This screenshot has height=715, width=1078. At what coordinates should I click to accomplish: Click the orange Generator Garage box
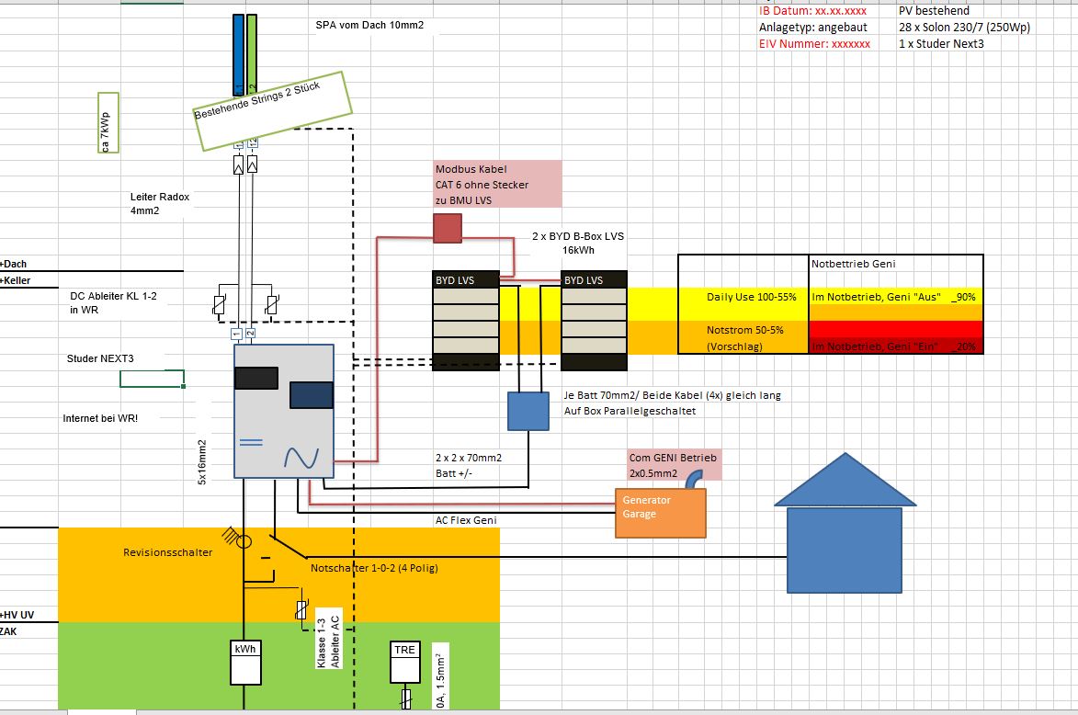coord(660,512)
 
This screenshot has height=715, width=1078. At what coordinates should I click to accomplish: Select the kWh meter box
coord(245,661)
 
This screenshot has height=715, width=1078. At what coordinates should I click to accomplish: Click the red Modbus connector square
coord(447,228)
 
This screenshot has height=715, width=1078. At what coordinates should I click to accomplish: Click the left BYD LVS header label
coord(466,279)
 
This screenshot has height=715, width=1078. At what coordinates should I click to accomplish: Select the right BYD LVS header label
coord(594,279)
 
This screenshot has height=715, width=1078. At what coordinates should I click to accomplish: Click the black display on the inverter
coord(256,379)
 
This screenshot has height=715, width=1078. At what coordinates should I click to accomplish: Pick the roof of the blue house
coord(845,482)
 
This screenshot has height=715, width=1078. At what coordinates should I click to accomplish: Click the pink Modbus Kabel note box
coord(496,184)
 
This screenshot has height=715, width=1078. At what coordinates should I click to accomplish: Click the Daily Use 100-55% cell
coord(743,297)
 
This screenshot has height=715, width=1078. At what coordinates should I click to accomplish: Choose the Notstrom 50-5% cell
coord(743,329)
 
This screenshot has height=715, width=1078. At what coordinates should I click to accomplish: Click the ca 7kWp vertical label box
coord(108,122)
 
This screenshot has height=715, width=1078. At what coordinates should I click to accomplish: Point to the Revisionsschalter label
coord(167,552)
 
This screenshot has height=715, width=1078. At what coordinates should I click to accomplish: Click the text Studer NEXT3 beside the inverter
coord(100,357)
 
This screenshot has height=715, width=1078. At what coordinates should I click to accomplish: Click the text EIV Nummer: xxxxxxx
coord(814,43)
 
